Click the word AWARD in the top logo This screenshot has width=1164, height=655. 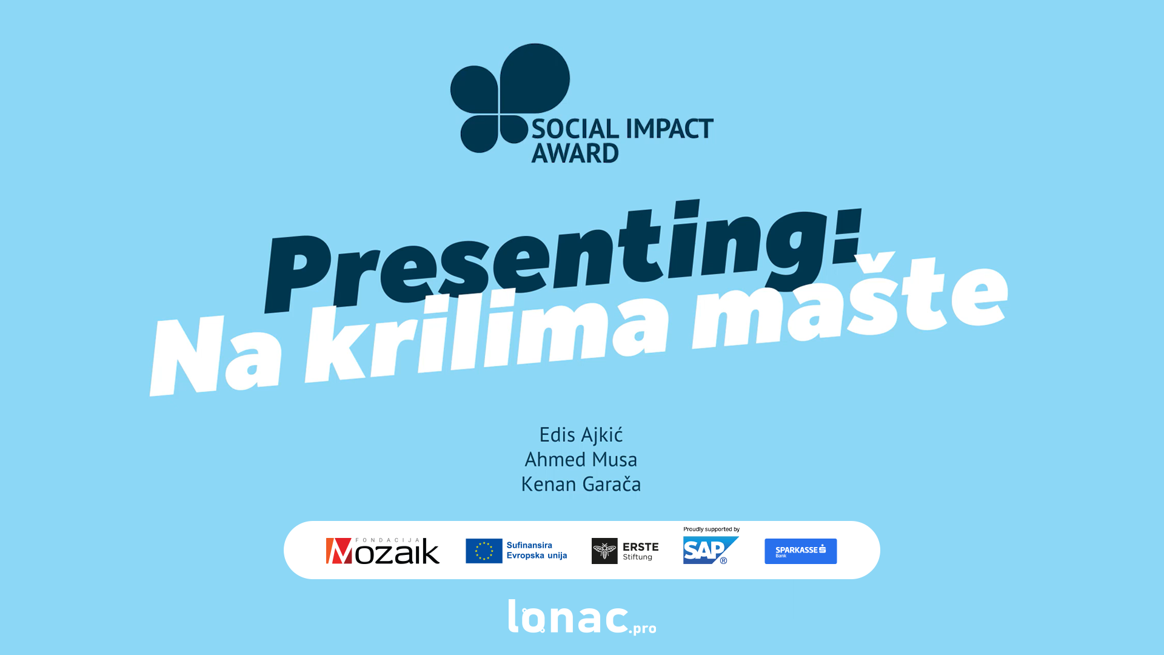point(575,153)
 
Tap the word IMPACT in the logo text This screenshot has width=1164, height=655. point(669,129)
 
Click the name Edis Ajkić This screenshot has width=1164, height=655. point(581,435)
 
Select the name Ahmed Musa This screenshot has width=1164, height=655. point(581,460)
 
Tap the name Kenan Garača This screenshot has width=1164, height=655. point(581,484)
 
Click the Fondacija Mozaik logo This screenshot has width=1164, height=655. point(383,551)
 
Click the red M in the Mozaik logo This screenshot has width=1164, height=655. point(339,551)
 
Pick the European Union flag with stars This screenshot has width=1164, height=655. point(484,551)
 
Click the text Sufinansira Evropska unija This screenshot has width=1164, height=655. point(537,551)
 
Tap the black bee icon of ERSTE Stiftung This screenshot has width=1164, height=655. point(604,551)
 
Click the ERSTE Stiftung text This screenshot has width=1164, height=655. point(640,551)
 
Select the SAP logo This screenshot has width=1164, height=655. point(711,550)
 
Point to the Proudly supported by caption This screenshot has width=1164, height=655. point(711,529)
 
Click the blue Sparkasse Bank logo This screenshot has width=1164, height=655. point(800,551)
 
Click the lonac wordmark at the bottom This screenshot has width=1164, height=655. point(567,617)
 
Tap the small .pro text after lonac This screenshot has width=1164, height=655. point(643,628)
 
